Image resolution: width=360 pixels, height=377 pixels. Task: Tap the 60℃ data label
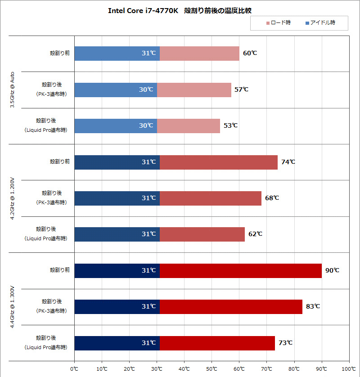pyautogui.click(x=250, y=53)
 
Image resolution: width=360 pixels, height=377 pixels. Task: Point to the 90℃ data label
pyautogui.click(x=332, y=270)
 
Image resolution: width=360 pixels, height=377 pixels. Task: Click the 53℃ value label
pyautogui.click(x=230, y=126)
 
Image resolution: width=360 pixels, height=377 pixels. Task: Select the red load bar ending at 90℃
pyautogui.click(x=240, y=270)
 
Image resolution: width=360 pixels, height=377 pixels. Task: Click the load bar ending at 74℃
pyautogui.click(x=219, y=162)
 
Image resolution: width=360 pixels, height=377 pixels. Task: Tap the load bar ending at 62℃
pyautogui.click(x=202, y=234)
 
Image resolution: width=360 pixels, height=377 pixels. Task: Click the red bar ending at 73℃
pyautogui.click(x=217, y=343)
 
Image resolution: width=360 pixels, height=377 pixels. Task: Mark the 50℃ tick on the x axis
pyautogui.click(x=211, y=369)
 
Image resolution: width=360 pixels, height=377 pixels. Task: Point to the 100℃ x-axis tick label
pyautogui.click(x=349, y=369)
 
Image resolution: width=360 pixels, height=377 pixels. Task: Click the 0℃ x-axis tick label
pyautogui.click(x=74, y=369)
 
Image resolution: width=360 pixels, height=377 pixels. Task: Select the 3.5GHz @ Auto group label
pyautogui.click(x=13, y=90)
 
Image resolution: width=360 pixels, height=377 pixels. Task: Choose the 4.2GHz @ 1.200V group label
pyautogui.click(x=13, y=198)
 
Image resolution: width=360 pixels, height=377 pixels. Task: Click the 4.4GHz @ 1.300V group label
pyautogui.click(x=13, y=307)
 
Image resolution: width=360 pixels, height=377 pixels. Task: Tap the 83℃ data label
pyautogui.click(x=313, y=306)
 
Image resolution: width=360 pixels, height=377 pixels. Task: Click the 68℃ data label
pyautogui.click(x=272, y=198)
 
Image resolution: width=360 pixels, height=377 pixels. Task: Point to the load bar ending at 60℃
pyautogui.click(x=199, y=53)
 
